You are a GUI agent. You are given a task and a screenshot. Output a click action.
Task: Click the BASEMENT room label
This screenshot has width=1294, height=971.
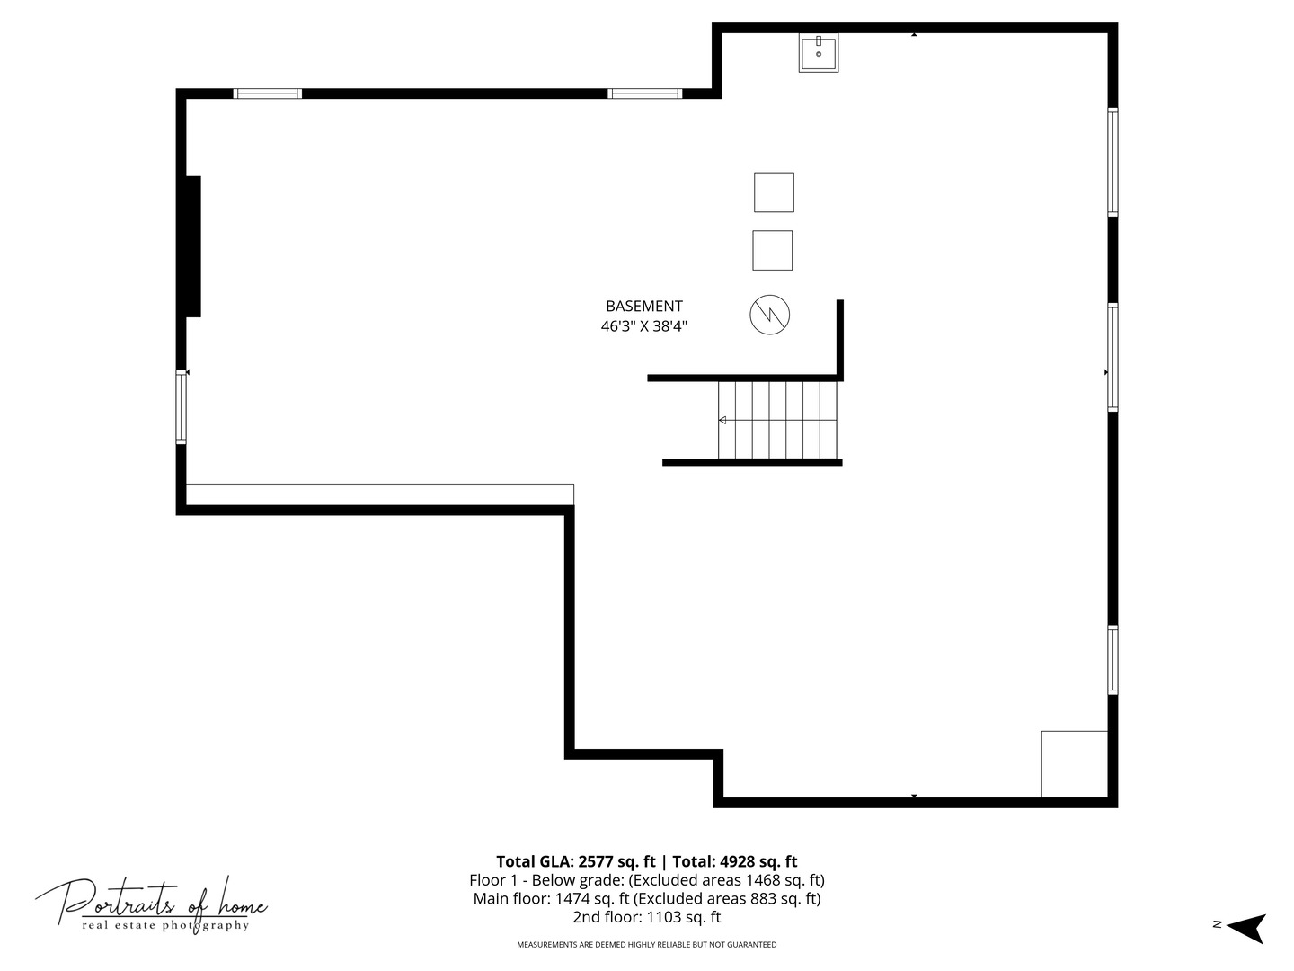[643, 306]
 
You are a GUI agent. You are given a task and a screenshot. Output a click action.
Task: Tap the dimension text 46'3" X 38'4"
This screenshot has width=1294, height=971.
[643, 326]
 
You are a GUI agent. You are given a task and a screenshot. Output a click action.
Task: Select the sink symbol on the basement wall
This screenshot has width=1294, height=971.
[819, 53]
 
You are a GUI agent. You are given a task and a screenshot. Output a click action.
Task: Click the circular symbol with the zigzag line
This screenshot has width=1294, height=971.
[769, 315]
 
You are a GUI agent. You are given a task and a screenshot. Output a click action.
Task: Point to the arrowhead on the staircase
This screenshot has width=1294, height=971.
[722, 421]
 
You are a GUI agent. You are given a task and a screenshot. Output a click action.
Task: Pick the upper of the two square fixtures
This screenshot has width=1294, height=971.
[774, 192]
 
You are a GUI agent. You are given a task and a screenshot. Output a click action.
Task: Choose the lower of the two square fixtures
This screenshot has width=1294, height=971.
[772, 251]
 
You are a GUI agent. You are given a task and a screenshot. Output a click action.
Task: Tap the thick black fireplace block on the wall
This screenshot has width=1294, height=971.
[193, 246]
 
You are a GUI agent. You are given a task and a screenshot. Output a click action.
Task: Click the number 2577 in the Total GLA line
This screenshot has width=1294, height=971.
[596, 862]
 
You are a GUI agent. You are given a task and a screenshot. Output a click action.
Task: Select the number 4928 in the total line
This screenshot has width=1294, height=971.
[738, 862]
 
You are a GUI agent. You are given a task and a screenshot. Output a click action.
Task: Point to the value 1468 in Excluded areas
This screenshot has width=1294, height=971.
[762, 880]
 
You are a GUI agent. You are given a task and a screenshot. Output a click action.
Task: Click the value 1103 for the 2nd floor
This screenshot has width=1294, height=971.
[664, 917]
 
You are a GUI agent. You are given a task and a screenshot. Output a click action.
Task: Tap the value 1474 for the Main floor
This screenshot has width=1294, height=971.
[572, 898]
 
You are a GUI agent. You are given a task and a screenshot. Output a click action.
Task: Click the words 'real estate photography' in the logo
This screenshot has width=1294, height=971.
[165, 925]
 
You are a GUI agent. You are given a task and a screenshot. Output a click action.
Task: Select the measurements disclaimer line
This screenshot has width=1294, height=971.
[647, 944]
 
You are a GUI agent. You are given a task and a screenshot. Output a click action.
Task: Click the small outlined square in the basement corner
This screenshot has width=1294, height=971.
[1074, 764]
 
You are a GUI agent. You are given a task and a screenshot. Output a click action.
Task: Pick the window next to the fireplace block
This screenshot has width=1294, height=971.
[181, 406]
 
